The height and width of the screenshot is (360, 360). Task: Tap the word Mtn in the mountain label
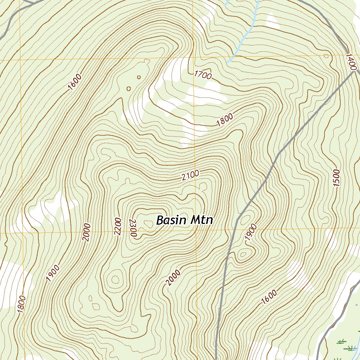coord(201,220)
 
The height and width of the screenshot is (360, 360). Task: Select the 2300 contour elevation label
coord(133,228)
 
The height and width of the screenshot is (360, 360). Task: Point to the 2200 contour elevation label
coord(117,227)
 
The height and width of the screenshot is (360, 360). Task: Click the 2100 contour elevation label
coord(191,175)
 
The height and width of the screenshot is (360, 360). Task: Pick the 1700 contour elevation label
coord(203,75)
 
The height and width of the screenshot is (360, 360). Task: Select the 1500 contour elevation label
coord(336,178)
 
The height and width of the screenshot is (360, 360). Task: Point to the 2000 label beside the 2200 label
coord(86,232)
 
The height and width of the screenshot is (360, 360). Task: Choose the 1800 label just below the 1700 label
coord(225,121)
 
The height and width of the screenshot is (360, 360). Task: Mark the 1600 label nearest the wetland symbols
coord(269,297)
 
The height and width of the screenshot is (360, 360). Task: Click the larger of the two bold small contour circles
coord(129,89)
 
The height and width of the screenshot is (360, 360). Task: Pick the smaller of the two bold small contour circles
coord(139,77)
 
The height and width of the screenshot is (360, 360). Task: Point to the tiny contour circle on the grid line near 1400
coord(326,56)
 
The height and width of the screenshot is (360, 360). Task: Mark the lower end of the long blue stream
coord(227,62)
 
